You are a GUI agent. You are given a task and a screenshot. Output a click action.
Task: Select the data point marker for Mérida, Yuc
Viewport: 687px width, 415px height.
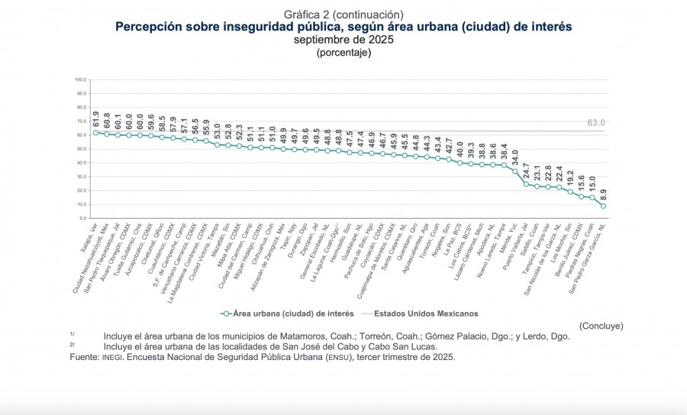point(515,171)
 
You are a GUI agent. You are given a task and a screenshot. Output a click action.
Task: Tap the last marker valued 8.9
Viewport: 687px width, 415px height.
point(603,206)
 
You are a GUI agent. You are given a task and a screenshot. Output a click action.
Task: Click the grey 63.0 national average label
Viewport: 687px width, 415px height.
point(596,123)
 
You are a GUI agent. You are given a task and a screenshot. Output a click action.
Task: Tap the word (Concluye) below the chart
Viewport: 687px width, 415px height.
point(601,326)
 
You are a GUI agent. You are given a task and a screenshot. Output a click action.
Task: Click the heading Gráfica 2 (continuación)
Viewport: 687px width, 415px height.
point(343,14)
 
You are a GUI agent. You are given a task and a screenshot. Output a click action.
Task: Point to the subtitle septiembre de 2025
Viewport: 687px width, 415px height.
point(343,40)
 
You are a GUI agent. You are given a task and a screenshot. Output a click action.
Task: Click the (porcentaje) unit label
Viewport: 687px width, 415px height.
point(343,53)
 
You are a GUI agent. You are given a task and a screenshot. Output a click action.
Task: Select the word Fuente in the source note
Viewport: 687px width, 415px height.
point(84,357)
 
